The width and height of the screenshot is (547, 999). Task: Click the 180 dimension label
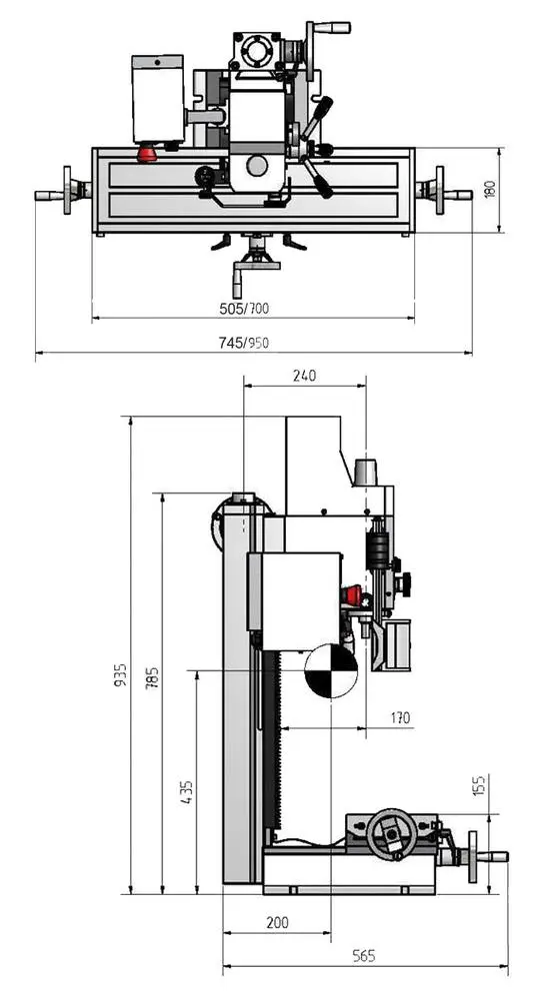tap(490, 189)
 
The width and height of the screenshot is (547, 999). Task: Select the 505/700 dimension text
tap(244, 309)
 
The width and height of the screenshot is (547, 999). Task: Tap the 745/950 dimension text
tap(244, 343)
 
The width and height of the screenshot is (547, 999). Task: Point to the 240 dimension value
tap(304, 376)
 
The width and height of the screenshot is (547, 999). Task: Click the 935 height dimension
tap(121, 674)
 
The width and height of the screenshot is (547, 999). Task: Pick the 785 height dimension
tap(152, 678)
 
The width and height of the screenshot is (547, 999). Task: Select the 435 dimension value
tap(186, 792)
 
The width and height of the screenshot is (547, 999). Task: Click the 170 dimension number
tap(399, 718)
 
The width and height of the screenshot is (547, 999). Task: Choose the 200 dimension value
tap(277, 922)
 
